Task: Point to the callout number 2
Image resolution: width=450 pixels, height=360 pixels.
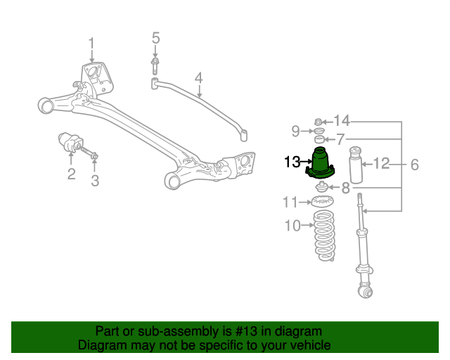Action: coord(71,174)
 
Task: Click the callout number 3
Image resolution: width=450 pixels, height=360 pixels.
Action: coord(95,181)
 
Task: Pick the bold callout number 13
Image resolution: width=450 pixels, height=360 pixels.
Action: coord(292,163)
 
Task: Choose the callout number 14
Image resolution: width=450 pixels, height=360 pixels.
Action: coord(342,120)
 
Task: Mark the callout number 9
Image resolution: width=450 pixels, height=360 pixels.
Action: coord(296,130)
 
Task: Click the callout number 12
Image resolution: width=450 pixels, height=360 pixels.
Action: coord(381,164)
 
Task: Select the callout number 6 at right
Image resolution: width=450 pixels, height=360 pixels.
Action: coord(414,165)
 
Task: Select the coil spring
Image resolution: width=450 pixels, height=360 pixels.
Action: coord(323,236)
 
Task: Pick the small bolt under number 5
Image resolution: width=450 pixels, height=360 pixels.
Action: coord(154,66)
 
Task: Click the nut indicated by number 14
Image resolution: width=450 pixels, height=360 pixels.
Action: coord(318,120)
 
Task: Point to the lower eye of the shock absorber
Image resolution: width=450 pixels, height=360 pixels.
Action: coord(364,290)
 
